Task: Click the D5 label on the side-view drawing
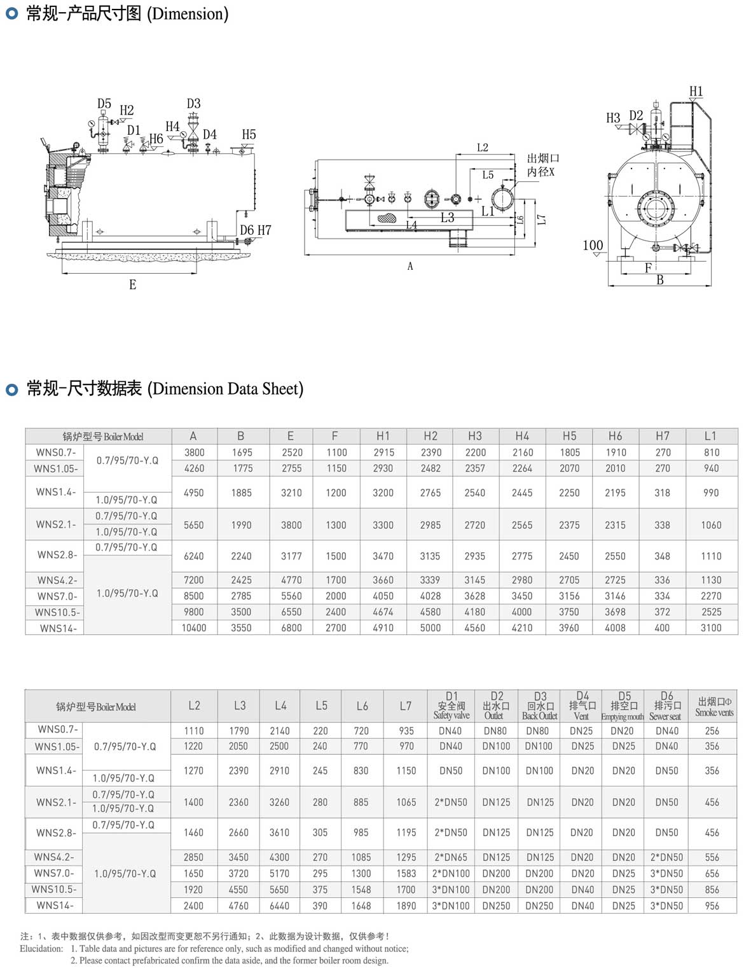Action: click(104, 104)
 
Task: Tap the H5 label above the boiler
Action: click(249, 134)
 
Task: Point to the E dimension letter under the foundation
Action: click(132, 284)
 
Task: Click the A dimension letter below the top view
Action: click(410, 266)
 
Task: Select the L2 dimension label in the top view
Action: click(483, 148)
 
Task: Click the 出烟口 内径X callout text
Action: click(542, 165)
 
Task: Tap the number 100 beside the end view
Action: click(593, 245)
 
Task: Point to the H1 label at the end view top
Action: click(696, 92)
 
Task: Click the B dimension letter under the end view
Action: click(660, 280)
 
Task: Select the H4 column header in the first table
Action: click(522, 436)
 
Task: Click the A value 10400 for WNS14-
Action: click(194, 627)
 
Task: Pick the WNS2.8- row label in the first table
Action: click(57, 555)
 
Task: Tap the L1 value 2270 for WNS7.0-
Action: click(711, 596)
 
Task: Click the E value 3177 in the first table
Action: click(291, 556)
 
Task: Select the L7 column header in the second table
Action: click(406, 706)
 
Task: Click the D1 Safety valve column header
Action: click(451, 706)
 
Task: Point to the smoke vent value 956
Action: click(712, 906)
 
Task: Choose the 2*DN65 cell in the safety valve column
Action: click(451, 857)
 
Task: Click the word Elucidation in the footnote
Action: click(41, 949)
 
